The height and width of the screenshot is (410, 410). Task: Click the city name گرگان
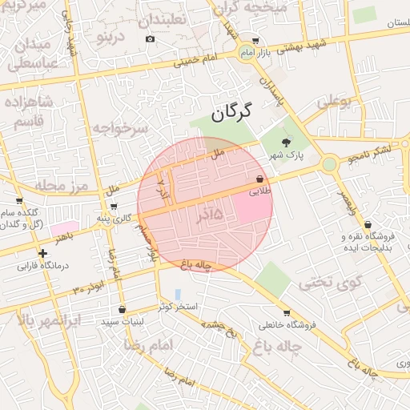pyautogui.click(x=231, y=111)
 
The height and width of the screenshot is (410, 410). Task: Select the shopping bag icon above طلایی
pyautogui.click(x=260, y=179)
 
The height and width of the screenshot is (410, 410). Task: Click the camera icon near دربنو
pyautogui.click(x=150, y=39)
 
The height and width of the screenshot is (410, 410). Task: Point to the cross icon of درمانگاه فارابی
pyautogui.click(x=42, y=253)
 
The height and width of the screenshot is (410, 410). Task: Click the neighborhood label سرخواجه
pyautogui.click(x=120, y=127)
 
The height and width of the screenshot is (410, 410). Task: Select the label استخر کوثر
pyautogui.click(x=176, y=307)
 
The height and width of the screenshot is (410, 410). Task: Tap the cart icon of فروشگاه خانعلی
pyautogui.click(x=287, y=313)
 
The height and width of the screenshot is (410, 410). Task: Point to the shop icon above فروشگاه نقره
pyautogui.click(x=367, y=225)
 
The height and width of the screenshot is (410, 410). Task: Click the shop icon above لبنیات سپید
pyautogui.click(x=122, y=310)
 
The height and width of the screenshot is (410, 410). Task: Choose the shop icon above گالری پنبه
pyautogui.click(x=113, y=207)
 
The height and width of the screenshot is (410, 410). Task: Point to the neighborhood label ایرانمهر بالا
pyautogui.click(x=50, y=321)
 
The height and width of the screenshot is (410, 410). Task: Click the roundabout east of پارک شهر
pyautogui.click(x=328, y=164)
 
